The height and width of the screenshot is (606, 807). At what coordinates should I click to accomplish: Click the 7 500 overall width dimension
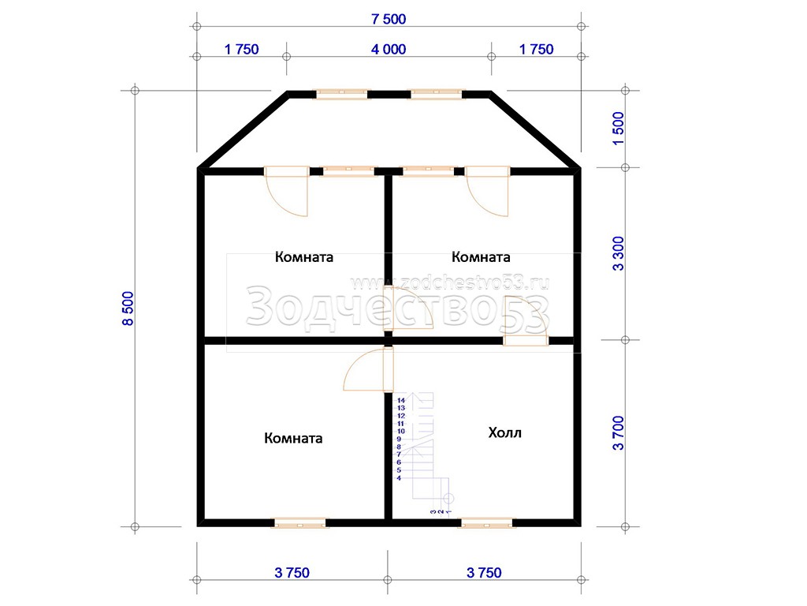point(389,19)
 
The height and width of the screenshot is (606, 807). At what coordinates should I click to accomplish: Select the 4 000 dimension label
point(389,50)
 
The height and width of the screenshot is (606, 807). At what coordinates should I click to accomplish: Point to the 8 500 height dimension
point(128,309)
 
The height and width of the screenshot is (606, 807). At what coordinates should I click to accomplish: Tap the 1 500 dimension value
point(618,129)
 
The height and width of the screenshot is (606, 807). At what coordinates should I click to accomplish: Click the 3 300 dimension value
point(618,253)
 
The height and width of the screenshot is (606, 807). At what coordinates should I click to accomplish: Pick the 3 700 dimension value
point(618,433)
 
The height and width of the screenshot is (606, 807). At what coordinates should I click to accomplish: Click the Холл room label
point(504,432)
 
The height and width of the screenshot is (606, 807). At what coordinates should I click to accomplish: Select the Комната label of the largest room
point(293,438)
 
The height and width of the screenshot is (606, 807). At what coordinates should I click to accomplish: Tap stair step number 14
point(401,400)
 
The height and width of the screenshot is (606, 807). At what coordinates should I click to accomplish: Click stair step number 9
point(399,439)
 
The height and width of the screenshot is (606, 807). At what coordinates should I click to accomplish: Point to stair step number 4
point(399,478)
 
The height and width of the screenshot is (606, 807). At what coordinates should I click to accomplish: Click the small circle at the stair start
point(448,499)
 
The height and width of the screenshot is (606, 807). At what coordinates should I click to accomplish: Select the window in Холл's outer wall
point(487,523)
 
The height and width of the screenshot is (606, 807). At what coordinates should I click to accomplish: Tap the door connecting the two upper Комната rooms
point(408,309)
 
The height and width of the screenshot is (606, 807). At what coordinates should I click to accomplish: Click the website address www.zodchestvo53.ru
point(449,283)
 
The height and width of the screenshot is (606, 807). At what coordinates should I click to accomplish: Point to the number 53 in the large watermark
point(525,311)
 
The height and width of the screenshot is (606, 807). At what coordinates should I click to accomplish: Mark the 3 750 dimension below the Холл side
point(485,573)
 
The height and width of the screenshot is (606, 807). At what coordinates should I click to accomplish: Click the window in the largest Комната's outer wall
point(299,523)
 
